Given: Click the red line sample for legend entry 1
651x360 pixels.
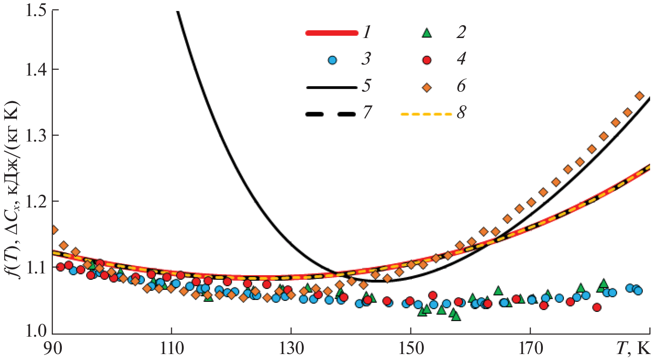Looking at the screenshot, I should pos(331,33).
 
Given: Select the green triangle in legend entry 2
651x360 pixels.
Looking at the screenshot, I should pos(427,33).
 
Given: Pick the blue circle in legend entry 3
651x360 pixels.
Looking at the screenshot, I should pos(333,60).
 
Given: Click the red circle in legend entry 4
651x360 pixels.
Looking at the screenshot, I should pos(427,60).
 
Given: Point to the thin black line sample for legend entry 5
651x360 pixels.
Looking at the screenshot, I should pos(331,87).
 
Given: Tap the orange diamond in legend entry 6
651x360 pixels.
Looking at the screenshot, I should pos(427,87).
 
